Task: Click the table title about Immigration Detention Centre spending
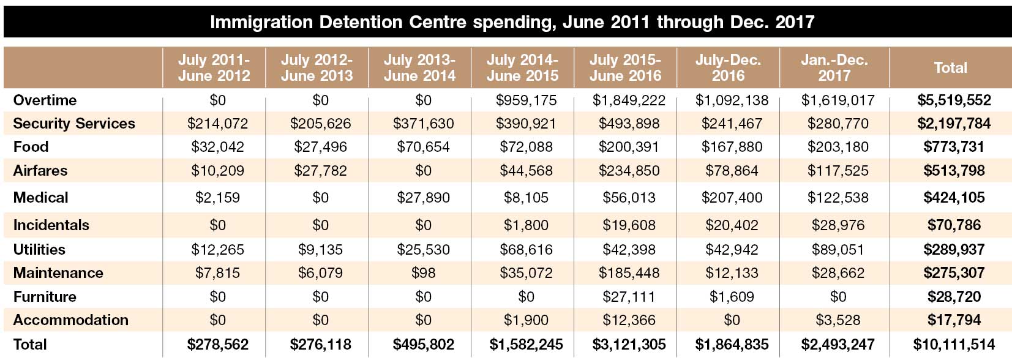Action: click(512, 23)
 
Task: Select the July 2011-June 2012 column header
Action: click(214, 67)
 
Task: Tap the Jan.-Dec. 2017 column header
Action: click(834, 67)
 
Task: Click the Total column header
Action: click(950, 67)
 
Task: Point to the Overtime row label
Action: click(45, 100)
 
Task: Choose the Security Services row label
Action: click(73, 123)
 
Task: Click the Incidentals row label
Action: click(51, 225)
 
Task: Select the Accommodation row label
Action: click(70, 320)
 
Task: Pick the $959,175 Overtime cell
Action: click(526, 100)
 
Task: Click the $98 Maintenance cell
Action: click(423, 272)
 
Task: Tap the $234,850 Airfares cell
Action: click(629, 170)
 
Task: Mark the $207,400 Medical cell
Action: click(732, 197)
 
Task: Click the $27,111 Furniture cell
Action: click(629, 296)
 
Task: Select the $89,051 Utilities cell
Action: click(838, 249)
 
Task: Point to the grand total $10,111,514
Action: click(954, 344)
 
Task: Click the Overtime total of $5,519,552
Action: click(954, 100)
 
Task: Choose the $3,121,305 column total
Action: click(629, 344)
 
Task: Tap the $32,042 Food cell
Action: click(217, 146)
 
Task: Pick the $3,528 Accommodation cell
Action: click(838, 320)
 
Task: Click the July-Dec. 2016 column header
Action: click(728, 67)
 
